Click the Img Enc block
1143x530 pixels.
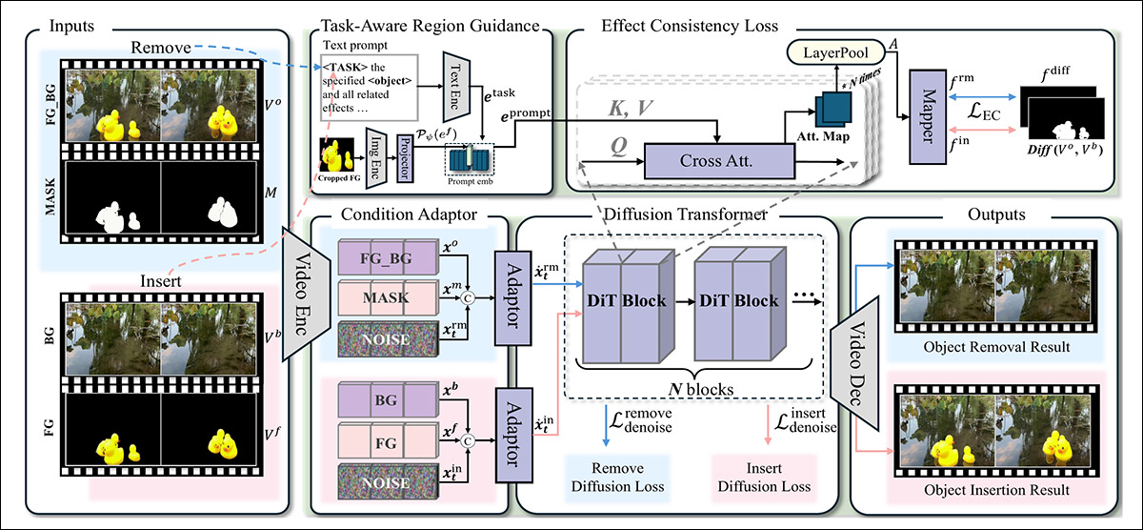pyautogui.click(x=374, y=153)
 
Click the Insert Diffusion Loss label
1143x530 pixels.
pyautogui.click(x=763, y=479)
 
